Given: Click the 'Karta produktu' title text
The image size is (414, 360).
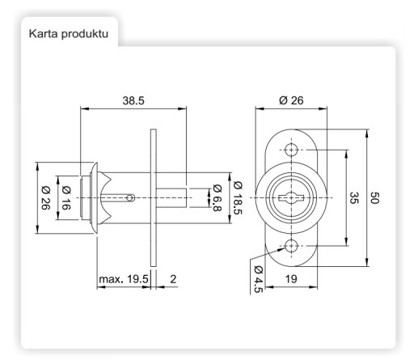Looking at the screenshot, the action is [69, 34].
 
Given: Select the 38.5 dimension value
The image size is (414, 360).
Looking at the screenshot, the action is [133, 100].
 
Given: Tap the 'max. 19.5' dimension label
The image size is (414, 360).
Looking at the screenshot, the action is [124, 279].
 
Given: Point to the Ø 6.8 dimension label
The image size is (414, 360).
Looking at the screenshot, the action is [218, 197].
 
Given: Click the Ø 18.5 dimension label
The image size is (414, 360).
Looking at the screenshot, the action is [238, 198].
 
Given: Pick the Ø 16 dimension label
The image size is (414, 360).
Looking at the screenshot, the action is [66, 197].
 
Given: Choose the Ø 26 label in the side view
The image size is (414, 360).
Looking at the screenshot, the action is [46, 197].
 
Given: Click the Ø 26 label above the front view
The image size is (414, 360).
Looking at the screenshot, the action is [291, 100].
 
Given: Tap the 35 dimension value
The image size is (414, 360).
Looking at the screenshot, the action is [354, 197].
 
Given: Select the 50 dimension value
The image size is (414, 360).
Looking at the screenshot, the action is [374, 197].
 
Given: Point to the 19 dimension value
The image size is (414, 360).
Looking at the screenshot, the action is [291, 279].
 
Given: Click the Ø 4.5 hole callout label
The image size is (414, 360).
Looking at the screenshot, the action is [258, 279].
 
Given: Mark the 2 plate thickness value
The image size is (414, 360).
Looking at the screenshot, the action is [173, 279].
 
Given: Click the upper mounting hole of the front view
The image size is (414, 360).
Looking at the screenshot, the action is [291, 150].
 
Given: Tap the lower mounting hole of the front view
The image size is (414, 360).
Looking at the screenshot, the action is [291, 246].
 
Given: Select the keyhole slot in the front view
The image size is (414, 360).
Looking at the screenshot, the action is [291, 198].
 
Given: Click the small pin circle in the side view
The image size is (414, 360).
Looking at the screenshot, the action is [131, 198].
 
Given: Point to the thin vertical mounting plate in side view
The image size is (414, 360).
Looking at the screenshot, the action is [153, 197].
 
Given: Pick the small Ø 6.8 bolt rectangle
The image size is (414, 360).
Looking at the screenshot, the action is [171, 198].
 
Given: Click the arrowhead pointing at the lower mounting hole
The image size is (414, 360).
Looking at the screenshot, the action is [281, 249].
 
